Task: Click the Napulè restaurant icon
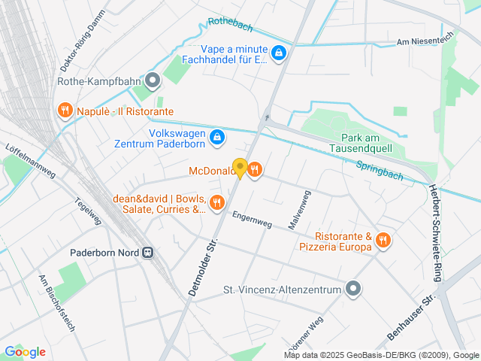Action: [65, 111]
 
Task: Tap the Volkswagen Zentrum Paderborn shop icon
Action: [217, 137]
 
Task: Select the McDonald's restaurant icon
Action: [255, 170]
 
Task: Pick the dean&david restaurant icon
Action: [217, 202]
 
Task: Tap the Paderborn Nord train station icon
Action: [149, 253]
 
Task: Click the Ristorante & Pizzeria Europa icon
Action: [383, 241]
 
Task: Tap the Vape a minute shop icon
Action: [279, 53]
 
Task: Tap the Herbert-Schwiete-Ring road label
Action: [434, 233]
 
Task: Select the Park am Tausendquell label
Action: [358, 143]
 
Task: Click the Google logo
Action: [25, 352]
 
